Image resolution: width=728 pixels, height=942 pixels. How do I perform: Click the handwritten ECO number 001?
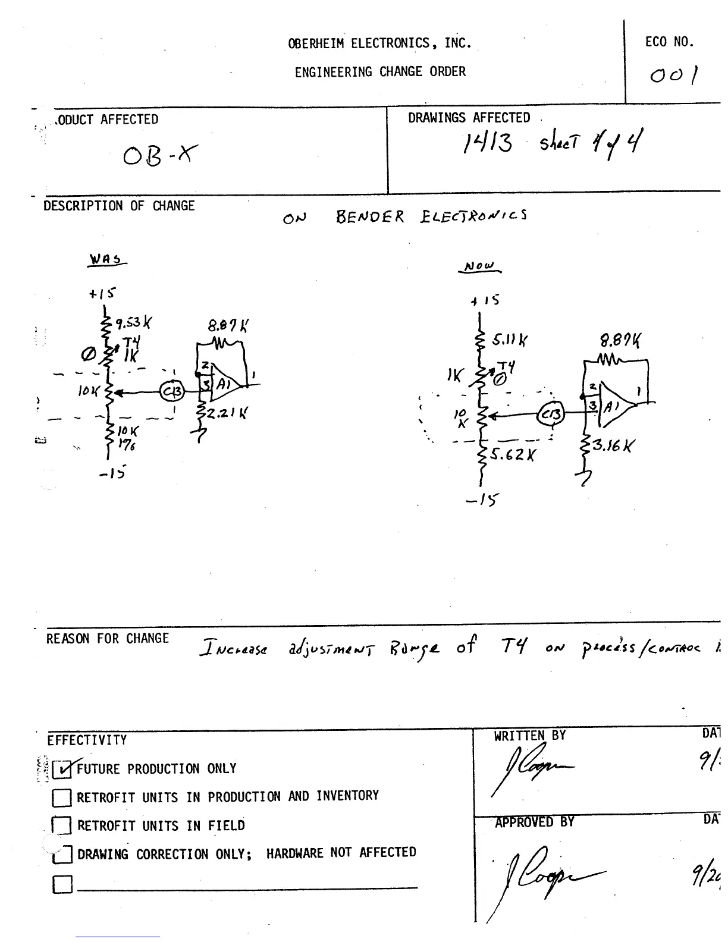pos(674,76)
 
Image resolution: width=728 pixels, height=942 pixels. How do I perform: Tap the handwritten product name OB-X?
pos(160,156)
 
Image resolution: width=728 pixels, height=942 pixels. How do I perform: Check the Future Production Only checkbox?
pos(62,770)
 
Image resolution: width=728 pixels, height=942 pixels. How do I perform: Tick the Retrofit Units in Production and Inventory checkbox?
pos(62,797)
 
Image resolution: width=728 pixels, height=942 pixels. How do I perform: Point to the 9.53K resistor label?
pos(133,323)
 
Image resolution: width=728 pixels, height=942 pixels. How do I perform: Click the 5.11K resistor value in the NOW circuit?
pos(509,340)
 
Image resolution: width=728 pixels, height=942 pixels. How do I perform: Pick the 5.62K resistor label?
pos(513,455)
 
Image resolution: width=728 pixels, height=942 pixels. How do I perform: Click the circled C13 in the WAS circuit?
pos(172,391)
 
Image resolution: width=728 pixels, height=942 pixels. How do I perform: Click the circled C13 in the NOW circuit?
pos(551,415)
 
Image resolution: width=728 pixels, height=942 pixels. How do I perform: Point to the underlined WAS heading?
pos(106,260)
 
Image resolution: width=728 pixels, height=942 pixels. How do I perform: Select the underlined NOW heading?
pos(479,267)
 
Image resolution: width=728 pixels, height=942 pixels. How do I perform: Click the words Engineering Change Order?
pos(380,72)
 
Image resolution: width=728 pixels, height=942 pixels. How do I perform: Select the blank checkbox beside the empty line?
pos(62,884)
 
